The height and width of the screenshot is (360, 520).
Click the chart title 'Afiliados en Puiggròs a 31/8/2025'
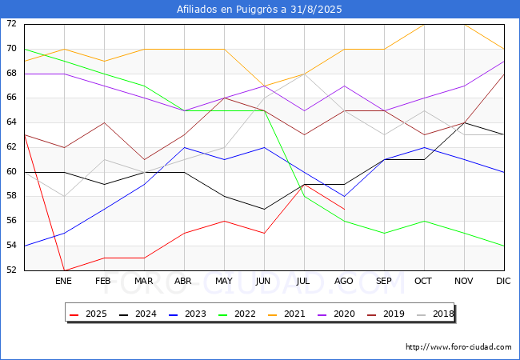[259, 10]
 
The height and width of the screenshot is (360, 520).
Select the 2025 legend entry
[89, 314]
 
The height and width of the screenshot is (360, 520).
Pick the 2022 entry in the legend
[237, 314]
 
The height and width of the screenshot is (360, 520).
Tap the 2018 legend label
[435, 314]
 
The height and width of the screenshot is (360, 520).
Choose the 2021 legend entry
[286, 314]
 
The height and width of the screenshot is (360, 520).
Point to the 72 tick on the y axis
[11, 23]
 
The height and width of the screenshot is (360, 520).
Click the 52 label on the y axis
[11, 270]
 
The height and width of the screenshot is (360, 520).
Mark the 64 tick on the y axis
[11, 122]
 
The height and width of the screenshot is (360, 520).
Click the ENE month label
[63, 281]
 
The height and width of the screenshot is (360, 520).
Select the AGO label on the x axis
[343, 281]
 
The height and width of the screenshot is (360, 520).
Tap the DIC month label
[503, 281]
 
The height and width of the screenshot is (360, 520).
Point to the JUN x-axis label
[263, 281]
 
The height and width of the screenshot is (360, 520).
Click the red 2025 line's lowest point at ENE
[64, 270]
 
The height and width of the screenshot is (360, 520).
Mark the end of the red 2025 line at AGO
[345, 209]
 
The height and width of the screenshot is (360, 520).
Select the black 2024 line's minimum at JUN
[264, 209]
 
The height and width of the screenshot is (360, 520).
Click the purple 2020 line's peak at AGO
[345, 86]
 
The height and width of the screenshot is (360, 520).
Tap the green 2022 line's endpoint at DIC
[504, 246]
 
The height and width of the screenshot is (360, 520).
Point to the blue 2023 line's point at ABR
[184, 147]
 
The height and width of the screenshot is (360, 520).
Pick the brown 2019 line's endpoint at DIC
[504, 74]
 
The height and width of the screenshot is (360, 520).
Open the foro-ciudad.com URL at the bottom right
[458, 347]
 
